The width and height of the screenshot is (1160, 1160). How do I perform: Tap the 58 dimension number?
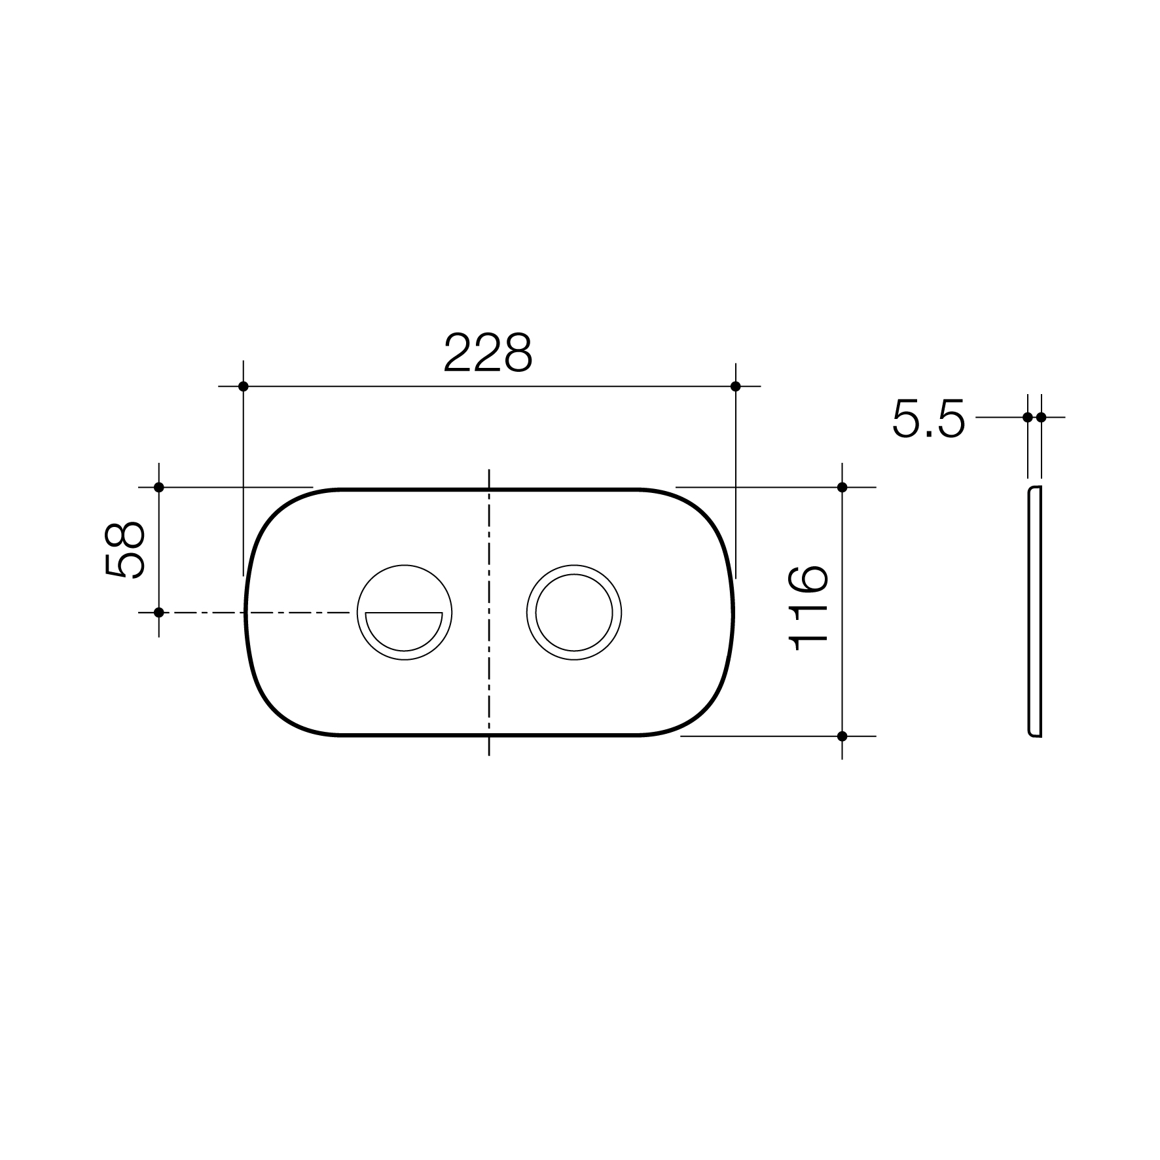124,549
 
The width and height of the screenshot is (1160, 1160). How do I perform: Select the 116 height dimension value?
810,608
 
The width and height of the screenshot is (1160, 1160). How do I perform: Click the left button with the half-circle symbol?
404,612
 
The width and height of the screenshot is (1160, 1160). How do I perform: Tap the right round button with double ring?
574,612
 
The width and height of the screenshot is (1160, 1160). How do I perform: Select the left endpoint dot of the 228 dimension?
244,386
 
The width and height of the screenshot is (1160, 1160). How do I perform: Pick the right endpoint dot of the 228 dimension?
735,386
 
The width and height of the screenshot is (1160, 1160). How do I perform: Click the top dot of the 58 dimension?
158,487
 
